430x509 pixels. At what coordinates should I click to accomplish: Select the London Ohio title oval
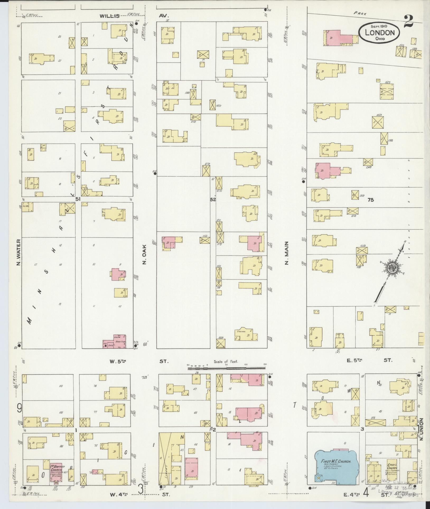click(x=379, y=32)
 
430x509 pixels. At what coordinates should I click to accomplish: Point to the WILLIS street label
click(x=110, y=16)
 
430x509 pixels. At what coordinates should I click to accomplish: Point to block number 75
click(x=371, y=200)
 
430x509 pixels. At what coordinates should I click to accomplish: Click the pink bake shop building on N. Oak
click(x=115, y=342)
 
